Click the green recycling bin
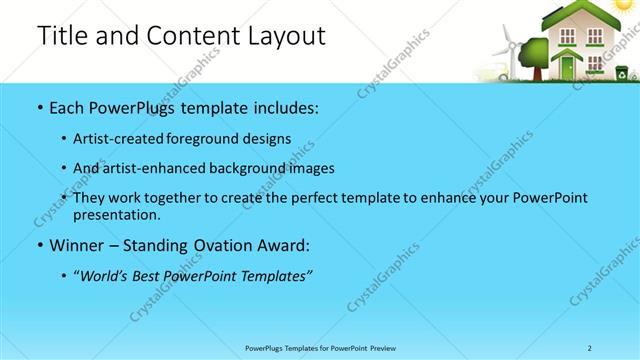click(622, 72)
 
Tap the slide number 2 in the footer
click(590, 347)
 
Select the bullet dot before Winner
click(39, 246)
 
